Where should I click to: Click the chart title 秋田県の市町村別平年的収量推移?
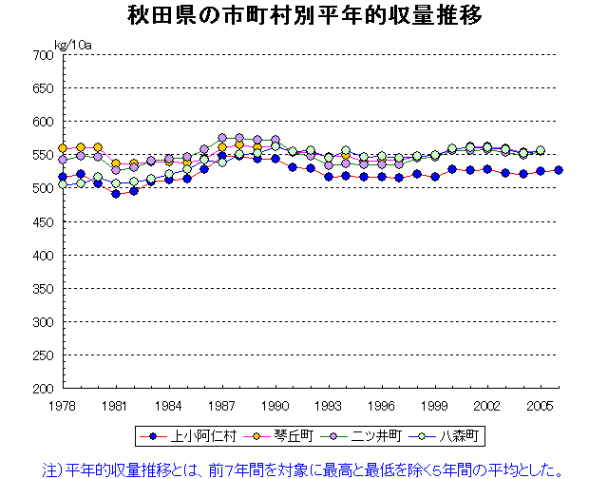coord(303,17)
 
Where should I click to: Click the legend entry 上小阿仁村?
coord(185,436)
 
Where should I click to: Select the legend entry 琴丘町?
coord(265,436)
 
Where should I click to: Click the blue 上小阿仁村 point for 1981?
coord(116,194)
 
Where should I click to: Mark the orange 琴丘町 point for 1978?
coord(63,148)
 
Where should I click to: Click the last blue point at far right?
coord(559,170)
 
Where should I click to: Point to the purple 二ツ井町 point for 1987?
coord(222,138)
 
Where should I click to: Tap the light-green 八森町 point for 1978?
coord(63,184)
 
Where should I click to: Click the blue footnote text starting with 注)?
coord(310,468)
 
